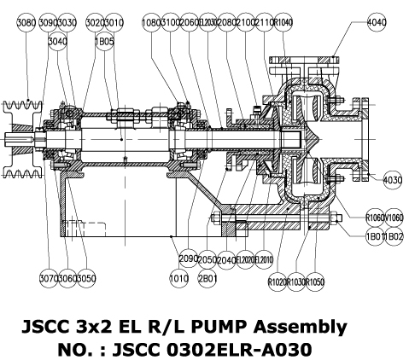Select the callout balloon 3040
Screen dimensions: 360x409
point(58,39)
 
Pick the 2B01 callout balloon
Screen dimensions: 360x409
point(207,278)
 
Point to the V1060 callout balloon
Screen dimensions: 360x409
point(394,217)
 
